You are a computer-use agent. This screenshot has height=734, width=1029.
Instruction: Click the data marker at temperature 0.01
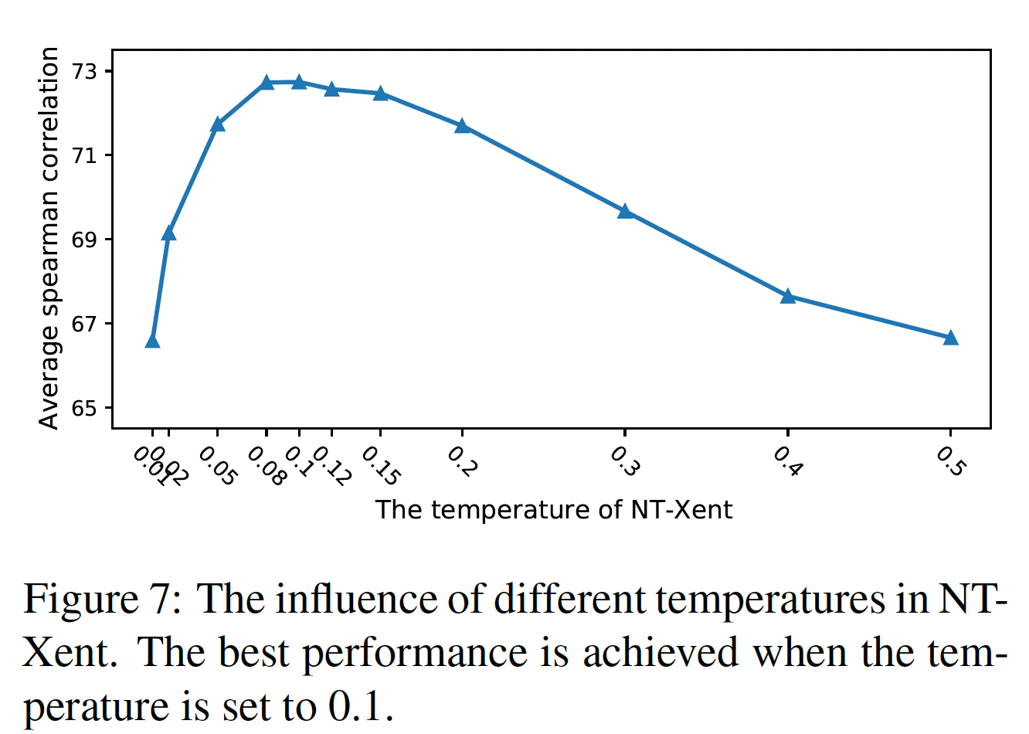tap(152, 341)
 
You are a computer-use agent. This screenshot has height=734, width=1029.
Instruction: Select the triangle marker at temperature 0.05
tap(217, 124)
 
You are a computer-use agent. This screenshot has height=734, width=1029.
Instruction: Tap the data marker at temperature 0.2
tap(462, 126)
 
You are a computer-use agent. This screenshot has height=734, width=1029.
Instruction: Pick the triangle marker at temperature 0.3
tap(625, 211)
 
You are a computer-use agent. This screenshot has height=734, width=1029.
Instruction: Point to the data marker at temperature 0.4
tap(788, 296)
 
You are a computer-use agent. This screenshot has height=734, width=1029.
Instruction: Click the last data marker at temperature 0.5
tap(950, 338)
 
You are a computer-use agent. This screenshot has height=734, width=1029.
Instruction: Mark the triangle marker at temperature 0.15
tap(380, 93)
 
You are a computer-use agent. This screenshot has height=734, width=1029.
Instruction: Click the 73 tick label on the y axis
tap(87, 72)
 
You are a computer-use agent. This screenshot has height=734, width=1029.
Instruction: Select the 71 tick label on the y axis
tap(87, 156)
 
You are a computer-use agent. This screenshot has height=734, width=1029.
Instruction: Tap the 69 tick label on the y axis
tap(87, 240)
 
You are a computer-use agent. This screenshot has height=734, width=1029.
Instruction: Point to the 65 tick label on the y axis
tap(87, 408)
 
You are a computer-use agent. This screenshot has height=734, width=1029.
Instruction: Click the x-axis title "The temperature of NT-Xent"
tap(554, 510)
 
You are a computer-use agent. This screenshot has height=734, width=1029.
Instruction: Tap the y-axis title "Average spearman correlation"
tap(49, 237)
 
